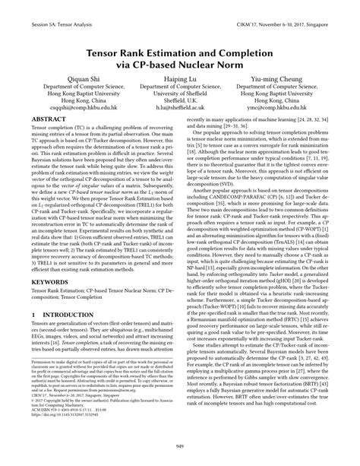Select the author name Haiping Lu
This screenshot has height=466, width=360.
click(180, 78)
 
